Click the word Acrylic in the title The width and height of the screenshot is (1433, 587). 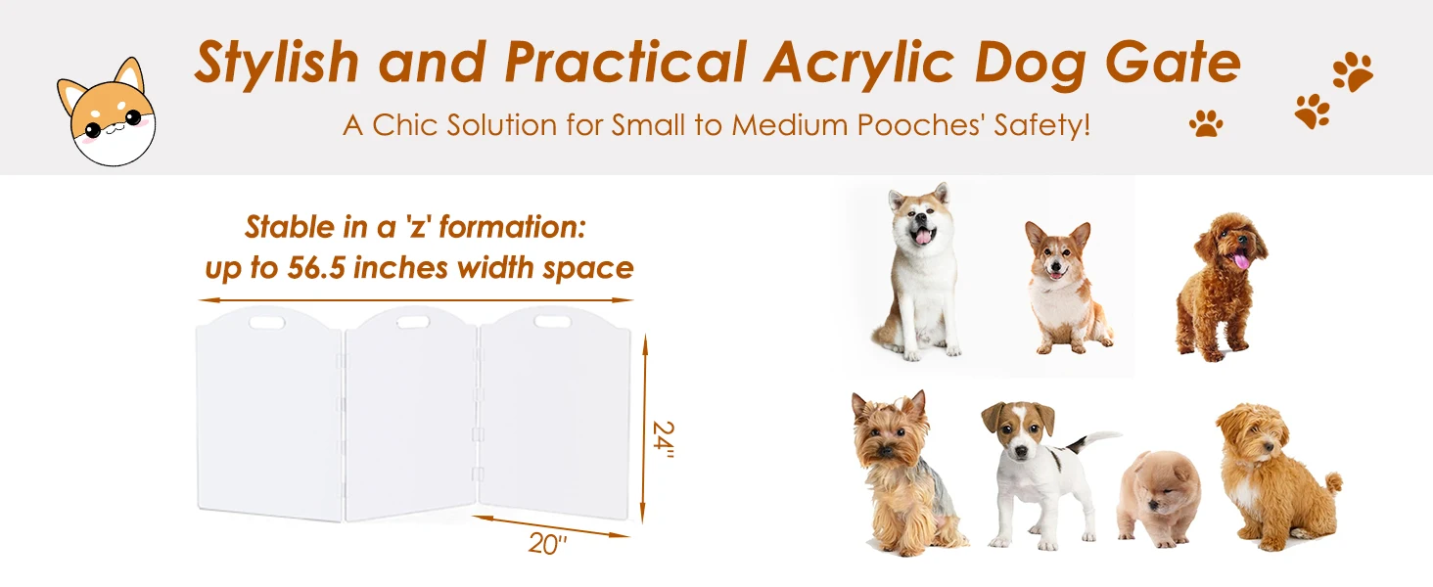861,64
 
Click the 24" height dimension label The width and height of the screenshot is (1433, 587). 665,445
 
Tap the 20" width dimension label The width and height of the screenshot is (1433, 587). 548,545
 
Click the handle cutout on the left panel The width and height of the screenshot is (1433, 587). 264,321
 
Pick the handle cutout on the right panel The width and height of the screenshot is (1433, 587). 549,319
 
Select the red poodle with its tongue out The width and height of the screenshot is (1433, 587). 1219,285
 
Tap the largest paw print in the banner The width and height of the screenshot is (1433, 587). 1353,71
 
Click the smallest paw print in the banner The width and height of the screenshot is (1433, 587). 1206,123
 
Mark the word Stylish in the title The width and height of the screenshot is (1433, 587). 278,64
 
